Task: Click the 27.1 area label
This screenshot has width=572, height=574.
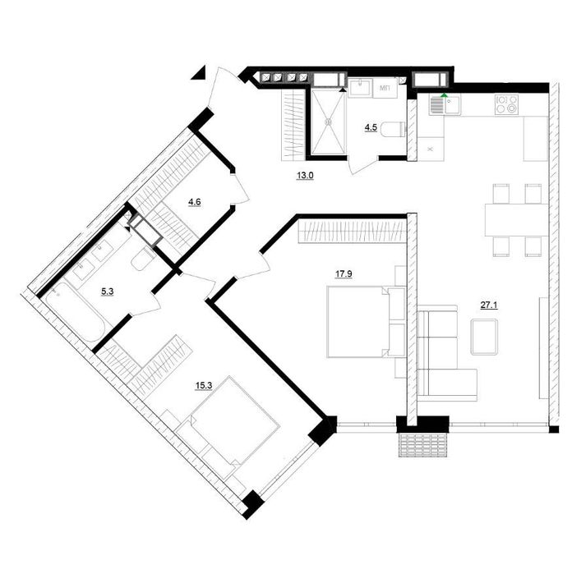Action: pos(489,305)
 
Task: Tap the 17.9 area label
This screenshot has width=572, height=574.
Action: pos(344,274)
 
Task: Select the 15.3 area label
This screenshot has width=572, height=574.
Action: pos(204,385)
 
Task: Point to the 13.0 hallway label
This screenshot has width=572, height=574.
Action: pos(305,176)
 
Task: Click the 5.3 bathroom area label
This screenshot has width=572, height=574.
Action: pos(108,292)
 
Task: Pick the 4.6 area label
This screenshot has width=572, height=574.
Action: pos(194,202)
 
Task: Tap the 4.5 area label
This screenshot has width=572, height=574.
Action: pos(371,128)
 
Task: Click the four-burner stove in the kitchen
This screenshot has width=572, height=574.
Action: pos(506,104)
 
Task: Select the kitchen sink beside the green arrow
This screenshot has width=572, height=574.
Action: pos(445,105)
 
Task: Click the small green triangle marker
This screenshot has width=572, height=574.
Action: pos(444,95)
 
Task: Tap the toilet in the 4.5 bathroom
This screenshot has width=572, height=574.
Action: pos(393,129)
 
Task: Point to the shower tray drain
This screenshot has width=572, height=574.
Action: pos(328,121)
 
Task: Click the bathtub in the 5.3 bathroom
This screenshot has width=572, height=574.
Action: pos(75,311)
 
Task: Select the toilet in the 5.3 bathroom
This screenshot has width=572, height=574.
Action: pos(144,259)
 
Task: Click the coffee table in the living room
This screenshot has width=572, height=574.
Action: pos(484,337)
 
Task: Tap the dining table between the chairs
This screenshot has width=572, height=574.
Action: pos(516,220)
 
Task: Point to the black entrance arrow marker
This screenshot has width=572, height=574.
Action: pos(199,73)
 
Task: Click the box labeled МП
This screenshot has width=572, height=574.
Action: pos(385,88)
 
